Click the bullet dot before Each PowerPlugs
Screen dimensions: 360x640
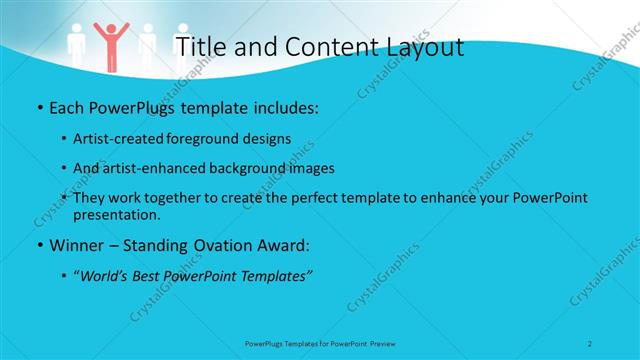(38, 106)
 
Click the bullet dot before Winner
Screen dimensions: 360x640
(38, 244)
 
